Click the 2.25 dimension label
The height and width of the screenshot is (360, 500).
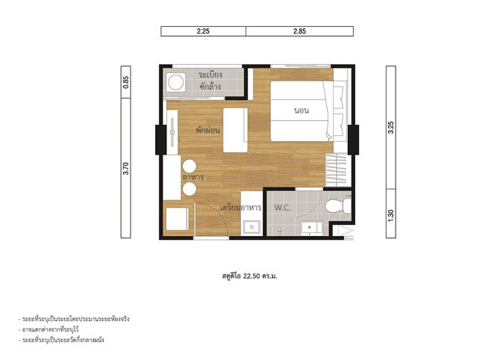pos(203,31)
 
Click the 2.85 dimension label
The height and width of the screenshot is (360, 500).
pos(299,31)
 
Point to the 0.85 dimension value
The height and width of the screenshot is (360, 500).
pos(126,82)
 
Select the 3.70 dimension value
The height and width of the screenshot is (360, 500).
pos(126,169)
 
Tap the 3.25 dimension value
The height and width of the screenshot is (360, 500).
pos(391,128)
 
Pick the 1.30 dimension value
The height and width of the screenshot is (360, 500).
pos(391,216)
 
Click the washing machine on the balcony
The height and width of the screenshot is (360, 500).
pos(175,82)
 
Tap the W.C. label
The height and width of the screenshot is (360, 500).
pos(283,208)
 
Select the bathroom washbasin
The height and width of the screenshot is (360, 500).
pos(311,228)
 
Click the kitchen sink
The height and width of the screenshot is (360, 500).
pos(252,227)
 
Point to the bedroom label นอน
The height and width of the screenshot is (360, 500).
pos(301,111)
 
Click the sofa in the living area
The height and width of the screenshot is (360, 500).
pos(236,130)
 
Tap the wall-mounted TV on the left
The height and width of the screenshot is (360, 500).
pos(172,132)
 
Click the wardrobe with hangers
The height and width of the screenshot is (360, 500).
pos(338,170)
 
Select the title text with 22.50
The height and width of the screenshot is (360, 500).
pos(250,276)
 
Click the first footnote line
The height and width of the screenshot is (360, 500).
pos(74,319)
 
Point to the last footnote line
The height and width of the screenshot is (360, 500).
pos(61,340)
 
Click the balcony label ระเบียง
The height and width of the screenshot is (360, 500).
pos(210,75)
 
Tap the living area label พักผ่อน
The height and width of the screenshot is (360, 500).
pos(208,130)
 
